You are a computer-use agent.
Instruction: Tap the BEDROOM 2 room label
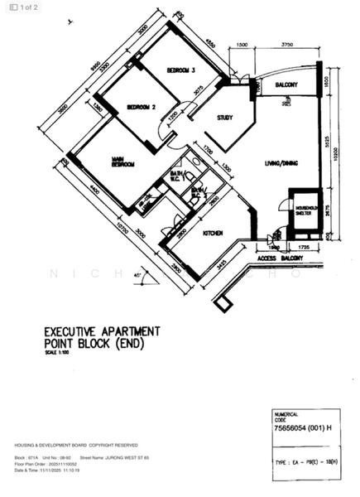click(x=142, y=108)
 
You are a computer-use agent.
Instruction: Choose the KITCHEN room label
click(x=213, y=234)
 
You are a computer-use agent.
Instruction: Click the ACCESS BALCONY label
click(x=281, y=258)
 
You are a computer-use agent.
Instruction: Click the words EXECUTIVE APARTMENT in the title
click(x=102, y=331)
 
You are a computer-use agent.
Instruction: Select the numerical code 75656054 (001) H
click(x=303, y=428)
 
